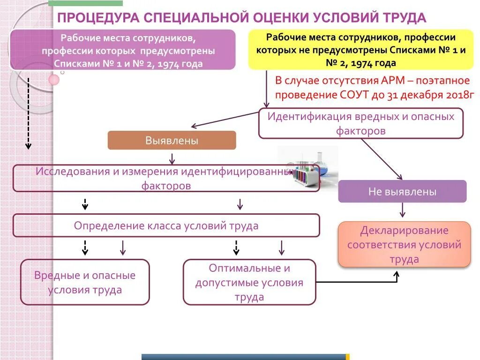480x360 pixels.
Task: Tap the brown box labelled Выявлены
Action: [172, 140]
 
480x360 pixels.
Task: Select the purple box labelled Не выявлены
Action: [402, 191]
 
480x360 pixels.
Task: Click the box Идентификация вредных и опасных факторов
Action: [360, 123]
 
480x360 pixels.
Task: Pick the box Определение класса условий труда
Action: [166, 225]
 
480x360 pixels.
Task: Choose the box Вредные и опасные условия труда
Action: [85, 282]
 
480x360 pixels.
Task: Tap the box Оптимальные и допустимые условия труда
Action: [249, 282]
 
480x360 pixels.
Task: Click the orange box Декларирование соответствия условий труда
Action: [404, 244]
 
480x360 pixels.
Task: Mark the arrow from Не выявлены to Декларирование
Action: [402, 210]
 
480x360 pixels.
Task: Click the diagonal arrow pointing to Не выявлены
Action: [382, 159]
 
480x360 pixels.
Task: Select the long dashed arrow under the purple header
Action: [28, 112]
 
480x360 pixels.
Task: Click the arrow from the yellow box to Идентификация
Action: [267, 89]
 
